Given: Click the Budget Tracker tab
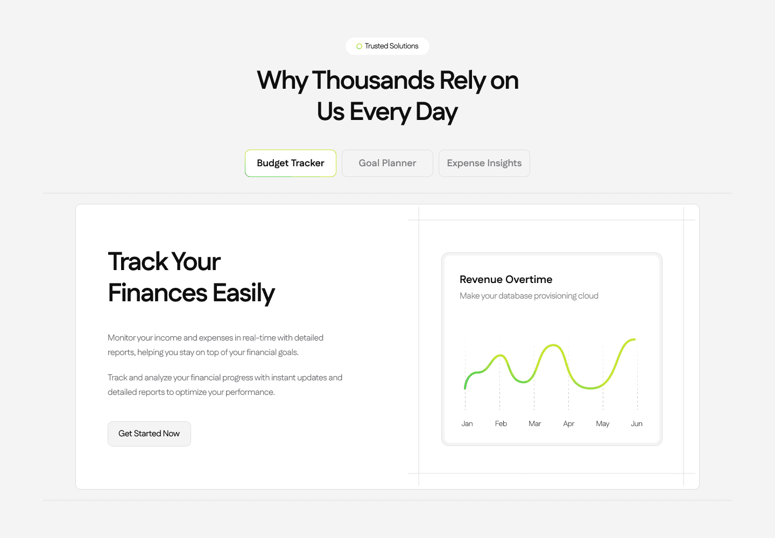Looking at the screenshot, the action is tap(290, 163).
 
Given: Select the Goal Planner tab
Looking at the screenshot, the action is tap(387, 163).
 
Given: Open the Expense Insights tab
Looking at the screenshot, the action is tap(484, 163).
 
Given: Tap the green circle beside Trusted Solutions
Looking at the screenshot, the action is tap(359, 46).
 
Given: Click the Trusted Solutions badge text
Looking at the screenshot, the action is tap(391, 46).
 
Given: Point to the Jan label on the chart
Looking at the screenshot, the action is tap(467, 423).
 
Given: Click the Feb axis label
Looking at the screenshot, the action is tap(501, 423).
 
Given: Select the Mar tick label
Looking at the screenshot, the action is tap(534, 423).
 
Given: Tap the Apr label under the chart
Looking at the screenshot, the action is tap(568, 424).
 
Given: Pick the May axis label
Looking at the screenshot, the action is tap(602, 424).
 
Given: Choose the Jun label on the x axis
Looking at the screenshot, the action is tap(637, 423).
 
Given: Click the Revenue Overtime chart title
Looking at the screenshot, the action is tap(506, 279).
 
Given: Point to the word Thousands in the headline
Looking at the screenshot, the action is tap(373, 80).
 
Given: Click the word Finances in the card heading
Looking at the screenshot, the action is tap(157, 293).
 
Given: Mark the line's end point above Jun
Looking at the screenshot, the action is tap(635, 339).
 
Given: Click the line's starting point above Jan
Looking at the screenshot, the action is tap(465, 388).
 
